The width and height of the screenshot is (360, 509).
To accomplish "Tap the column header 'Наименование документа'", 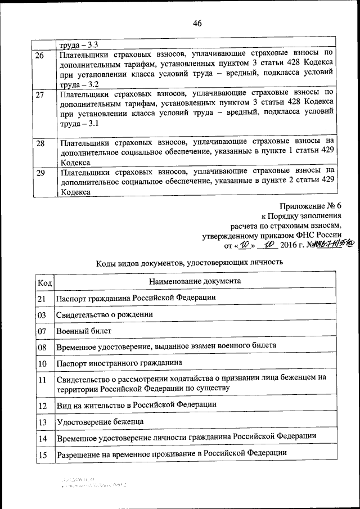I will point(195,280).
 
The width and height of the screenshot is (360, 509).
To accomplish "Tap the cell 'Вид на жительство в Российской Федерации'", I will point(136,404).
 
